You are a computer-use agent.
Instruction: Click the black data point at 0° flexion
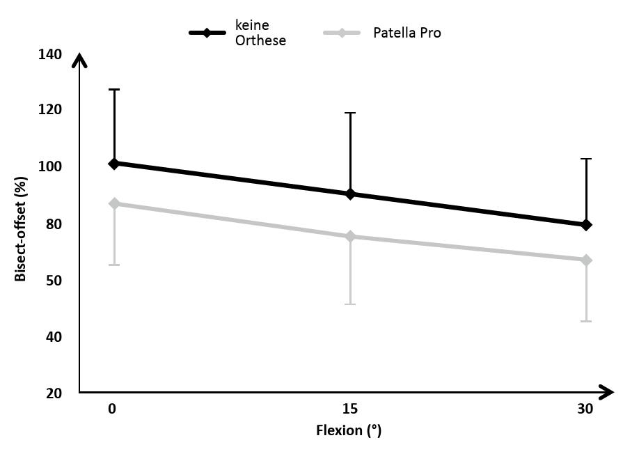click(x=113, y=164)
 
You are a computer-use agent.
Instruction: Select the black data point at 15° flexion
click(x=350, y=194)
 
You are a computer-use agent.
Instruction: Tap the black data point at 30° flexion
click(x=586, y=225)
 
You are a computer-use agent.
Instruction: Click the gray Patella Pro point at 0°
click(x=113, y=203)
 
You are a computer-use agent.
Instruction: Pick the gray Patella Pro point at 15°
click(x=350, y=237)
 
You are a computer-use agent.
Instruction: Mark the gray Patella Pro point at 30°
click(x=586, y=260)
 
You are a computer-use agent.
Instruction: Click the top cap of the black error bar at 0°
click(x=113, y=89)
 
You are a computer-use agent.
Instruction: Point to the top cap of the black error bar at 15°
click(x=350, y=113)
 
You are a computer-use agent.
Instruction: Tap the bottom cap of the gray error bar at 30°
click(x=586, y=321)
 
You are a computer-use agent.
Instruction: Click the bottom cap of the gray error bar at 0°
click(x=113, y=265)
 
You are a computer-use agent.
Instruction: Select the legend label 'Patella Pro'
click(x=407, y=33)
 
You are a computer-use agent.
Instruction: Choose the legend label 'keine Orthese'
click(x=260, y=33)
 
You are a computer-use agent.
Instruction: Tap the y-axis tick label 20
click(x=53, y=393)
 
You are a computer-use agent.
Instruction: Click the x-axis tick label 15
click(x=350, y=409)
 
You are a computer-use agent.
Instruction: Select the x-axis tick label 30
click(x=585, y=409)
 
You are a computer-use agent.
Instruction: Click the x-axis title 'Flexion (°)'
click(x=349, y=430)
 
